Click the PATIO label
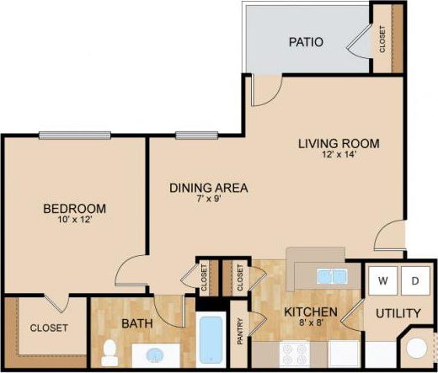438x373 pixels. pos(307,41)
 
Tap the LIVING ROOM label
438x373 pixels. pos(339,143)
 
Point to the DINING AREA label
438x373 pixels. pos(208,188)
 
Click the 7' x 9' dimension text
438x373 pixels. pos(208,200)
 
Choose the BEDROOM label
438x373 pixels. pos(75,209)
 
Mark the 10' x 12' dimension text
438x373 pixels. pos(74,221)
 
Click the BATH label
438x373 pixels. pos(136,323)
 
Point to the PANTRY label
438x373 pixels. pos(241,330)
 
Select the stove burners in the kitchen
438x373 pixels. pos(300,357)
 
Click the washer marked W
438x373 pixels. pos(383,279)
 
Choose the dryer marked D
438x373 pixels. pos(415,279)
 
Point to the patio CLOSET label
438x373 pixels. pos(383,38)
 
